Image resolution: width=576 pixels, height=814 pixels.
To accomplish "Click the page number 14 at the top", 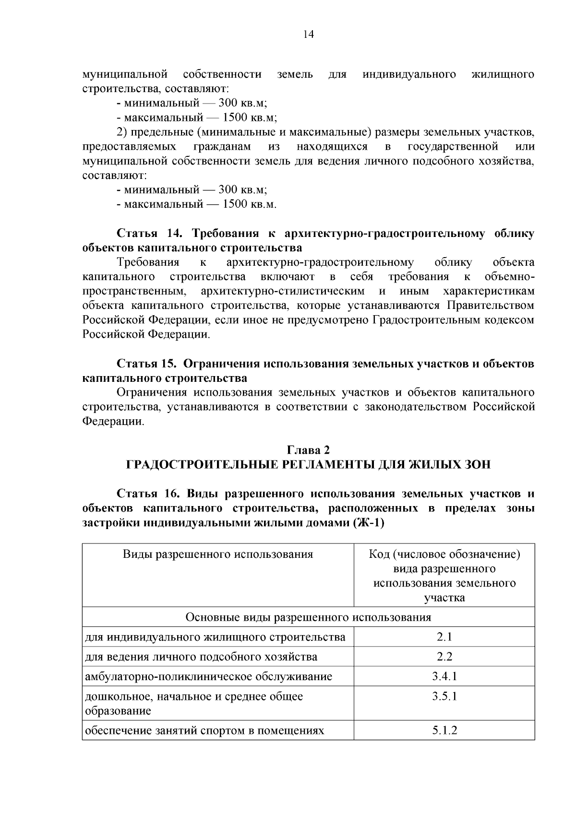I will coord(308,35).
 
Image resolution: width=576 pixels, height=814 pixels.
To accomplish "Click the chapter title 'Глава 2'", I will coord(308,450).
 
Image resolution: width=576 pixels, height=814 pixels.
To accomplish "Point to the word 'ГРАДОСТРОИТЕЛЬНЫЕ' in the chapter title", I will coord(197,464).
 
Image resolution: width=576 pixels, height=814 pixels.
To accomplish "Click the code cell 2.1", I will coord(444,637).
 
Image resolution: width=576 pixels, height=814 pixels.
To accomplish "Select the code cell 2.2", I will coord(444,657).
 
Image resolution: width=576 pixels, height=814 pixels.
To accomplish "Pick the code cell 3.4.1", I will coord(444,676).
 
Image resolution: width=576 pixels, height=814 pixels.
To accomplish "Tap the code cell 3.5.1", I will coord(444,696).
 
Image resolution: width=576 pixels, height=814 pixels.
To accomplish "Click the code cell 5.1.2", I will coord(444,731).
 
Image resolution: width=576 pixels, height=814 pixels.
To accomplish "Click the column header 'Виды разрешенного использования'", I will coord(218,554).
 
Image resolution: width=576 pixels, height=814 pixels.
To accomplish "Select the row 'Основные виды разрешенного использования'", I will coord(308,617).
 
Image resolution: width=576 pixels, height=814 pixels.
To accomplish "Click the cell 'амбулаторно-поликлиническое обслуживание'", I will coord(208,677).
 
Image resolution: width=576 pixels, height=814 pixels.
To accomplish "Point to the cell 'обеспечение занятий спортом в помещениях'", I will coord(204,731).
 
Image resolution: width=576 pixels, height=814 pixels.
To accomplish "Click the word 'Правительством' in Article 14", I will coord(491,306).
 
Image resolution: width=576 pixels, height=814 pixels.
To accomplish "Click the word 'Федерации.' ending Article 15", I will coord(113,422).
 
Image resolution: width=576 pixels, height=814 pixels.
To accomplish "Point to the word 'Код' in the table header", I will coord(379,554).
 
